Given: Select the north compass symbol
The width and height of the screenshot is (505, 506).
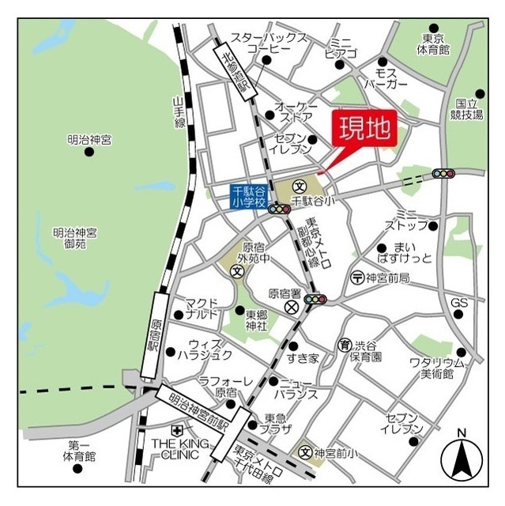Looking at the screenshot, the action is click(x=462, y=458).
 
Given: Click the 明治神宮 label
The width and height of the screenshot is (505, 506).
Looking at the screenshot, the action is click(x=89, y=140).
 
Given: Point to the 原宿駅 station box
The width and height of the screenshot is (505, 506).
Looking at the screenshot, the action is click(x=154, y=333).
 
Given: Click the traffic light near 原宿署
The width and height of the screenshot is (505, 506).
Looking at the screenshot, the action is click(x=316, y=299).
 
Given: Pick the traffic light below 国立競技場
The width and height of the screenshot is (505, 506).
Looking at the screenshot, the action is click(x=443, y=173).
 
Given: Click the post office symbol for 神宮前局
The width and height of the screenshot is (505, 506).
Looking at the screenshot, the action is click(x=356, y=278).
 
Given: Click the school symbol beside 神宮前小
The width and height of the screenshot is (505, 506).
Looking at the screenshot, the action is click(x=304, y=452).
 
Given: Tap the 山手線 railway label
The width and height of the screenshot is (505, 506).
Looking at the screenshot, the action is click(x=179, y=111).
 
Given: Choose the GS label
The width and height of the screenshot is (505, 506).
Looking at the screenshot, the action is click(x=460, y=303).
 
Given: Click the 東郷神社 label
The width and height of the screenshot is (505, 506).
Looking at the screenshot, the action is click(x=257, y=319).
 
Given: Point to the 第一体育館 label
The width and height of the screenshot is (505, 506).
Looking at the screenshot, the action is click(x=81, y=450).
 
